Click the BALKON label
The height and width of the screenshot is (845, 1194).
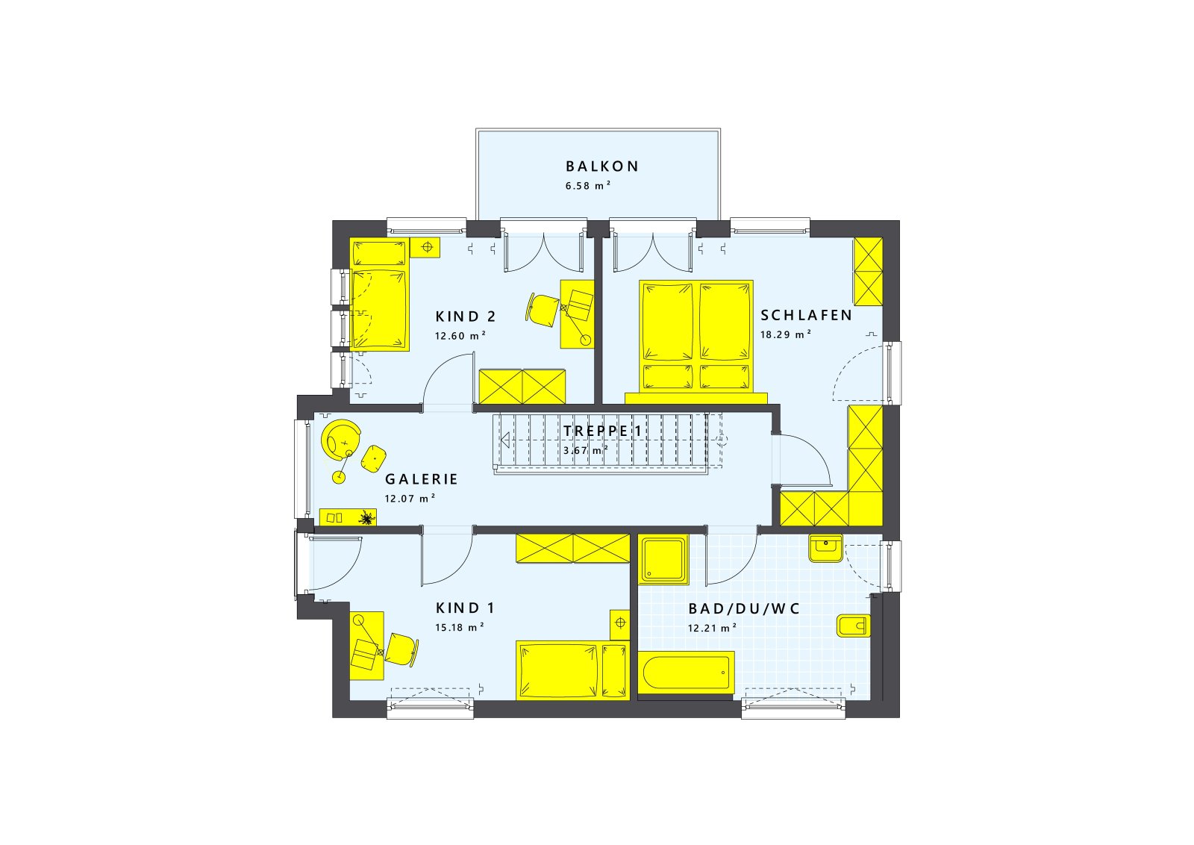[x=601, y=167]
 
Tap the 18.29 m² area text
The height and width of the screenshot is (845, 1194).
[x=786, y=334]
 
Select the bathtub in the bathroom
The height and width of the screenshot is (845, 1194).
[x=686, y=673]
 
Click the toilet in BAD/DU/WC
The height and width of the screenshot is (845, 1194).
[x=854, y=626]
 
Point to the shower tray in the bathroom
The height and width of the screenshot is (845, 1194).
[x=663, y=560]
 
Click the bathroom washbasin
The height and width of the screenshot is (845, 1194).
[x=825, y=548]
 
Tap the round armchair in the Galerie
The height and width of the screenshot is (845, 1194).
[x=340, y=440]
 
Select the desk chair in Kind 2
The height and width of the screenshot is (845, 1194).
[x=542, y=308]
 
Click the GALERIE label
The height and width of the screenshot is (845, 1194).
[x=421, y=479]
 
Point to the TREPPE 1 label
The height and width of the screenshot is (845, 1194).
[x=603, y=431]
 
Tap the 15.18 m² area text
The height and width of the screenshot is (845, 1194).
[x=460, y=627]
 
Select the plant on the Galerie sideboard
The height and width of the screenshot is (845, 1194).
[x=366, y=517]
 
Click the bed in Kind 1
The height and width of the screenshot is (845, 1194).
[x=572, y=670]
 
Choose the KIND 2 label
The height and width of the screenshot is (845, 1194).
[x=466, y=317]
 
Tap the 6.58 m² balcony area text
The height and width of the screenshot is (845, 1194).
[x=588, y=186]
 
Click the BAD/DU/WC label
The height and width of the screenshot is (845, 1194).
[x=744, y=609]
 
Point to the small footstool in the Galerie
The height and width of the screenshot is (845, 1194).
[x=374, y=458]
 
